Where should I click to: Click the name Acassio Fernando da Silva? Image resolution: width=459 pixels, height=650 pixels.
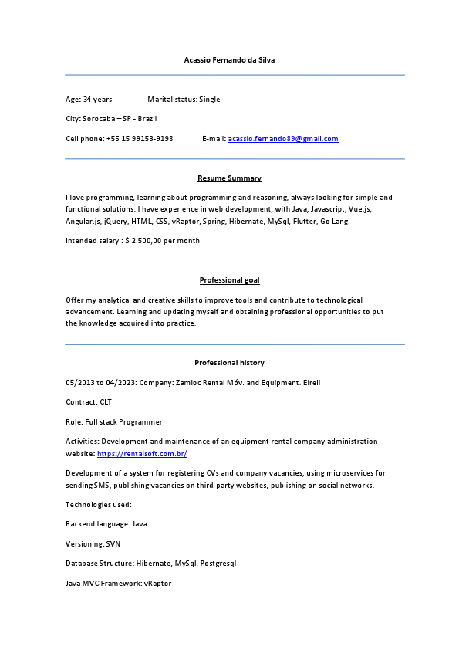tap(229, 59)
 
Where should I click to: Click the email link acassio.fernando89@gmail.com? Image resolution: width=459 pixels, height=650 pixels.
tap(283, 139)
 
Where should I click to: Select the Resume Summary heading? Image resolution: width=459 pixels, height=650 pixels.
tap(229, 178)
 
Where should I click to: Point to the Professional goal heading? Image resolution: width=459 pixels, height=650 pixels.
tap(229, 280)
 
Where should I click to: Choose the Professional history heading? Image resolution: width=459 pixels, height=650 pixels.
tap(229, 363)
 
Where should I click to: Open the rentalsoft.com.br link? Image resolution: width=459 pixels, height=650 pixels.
tap(142, 454)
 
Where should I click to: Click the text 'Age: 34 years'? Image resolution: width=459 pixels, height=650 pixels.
tap(89, 100)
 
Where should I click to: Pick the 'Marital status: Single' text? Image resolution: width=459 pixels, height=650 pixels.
tap(184, 100)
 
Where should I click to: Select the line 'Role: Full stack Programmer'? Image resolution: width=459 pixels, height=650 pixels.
tap(114, 422)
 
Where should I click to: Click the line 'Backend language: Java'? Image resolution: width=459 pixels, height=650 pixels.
tap(106, 524)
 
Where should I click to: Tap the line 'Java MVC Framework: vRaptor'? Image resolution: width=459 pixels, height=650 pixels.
tap(118, 584)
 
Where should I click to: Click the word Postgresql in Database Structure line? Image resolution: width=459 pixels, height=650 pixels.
tap(218, 564)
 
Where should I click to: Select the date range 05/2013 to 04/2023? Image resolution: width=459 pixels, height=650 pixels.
tap(102, 383)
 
